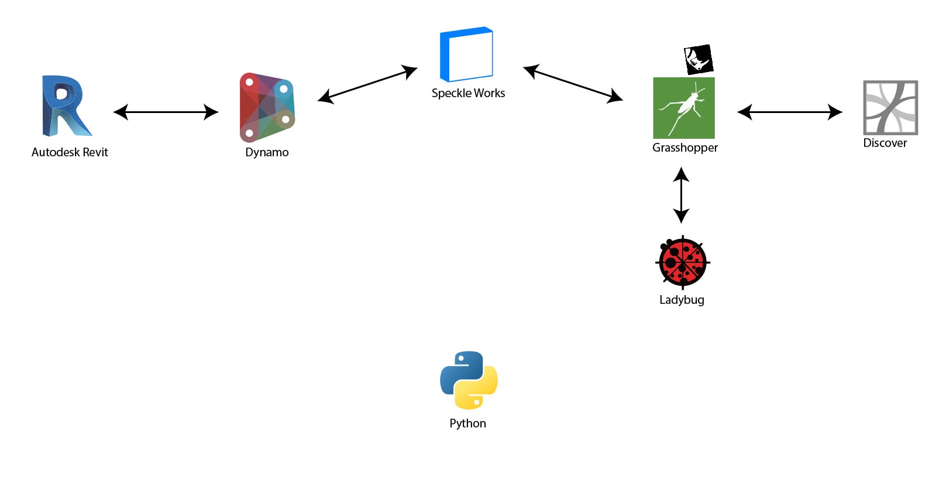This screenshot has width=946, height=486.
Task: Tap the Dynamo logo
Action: [x=267, y=107]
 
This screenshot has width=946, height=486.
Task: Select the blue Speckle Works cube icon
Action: [x=466, y=54]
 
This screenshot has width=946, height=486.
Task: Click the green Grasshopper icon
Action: [x=683, y=108]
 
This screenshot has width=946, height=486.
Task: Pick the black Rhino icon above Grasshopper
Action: [x=699, y=59]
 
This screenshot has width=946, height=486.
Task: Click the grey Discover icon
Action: [x=890, y=108]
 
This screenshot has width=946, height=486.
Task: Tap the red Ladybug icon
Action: [x=682, y=262]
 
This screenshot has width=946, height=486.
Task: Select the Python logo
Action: [x=469, y=380]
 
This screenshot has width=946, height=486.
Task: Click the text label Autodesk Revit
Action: [x=70, y=152]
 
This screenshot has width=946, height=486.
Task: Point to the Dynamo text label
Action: [x=267, y=152]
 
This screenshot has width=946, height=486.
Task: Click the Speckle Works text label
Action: [x=468, y=93]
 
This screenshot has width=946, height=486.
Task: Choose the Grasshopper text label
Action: [x=685, y=148]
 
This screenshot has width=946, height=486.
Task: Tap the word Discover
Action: [x=885, y=143]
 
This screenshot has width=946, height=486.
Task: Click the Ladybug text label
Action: [x=682, y=300]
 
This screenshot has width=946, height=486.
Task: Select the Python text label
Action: [x=467, y=423]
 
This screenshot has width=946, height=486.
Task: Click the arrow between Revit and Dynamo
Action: [x=166, y=112]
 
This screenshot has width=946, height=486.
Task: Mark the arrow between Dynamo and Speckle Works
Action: [x=367, y=85]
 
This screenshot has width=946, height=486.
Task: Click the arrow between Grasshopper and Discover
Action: [x=790, y=112]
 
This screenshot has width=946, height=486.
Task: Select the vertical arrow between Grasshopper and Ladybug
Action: [x=681, y=195]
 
